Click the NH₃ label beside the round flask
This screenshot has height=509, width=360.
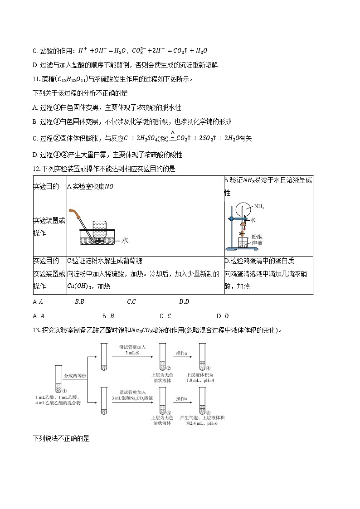click(259, 207)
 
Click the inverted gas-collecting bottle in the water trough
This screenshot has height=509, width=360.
click(100, 231)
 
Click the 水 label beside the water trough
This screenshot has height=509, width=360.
click(125, 241)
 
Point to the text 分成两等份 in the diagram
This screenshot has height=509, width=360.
click(75, 376)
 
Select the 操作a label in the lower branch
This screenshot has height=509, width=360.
click(182, 398)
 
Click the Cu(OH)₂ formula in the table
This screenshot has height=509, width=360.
click(81, 286)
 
